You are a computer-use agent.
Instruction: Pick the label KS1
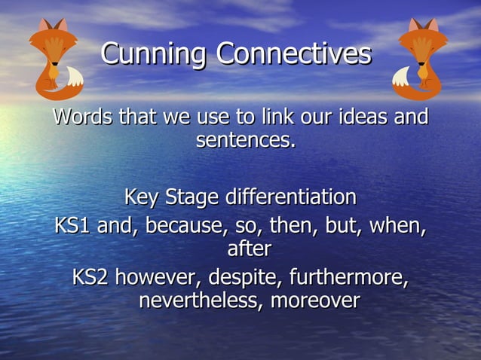[x=72, y=226]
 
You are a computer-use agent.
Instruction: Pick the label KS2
[x=90, y=278]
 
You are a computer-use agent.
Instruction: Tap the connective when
[x=398, y=226]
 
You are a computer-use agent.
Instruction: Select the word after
[x=248, y=249]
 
